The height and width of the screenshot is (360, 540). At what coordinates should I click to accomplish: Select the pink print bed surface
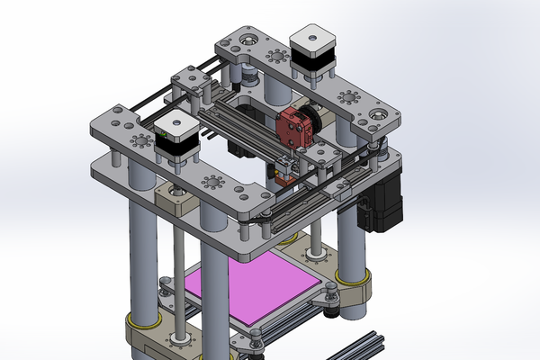[252, 289]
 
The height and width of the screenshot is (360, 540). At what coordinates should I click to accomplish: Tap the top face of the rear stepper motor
[312, 38]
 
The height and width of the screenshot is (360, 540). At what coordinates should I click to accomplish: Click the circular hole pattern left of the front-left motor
[142, 141]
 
